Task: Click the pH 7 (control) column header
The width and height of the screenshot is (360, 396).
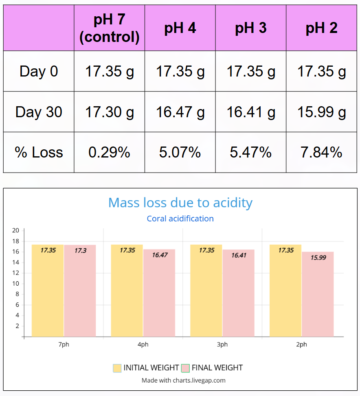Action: (109, 28)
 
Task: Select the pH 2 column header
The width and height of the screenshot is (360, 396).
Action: (321, 28)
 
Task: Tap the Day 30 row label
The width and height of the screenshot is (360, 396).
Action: (39, 112)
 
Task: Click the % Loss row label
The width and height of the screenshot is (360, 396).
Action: (39, 152)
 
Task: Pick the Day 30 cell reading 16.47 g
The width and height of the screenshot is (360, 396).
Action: (180, 112)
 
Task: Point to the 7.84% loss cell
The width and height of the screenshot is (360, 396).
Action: (321, 152)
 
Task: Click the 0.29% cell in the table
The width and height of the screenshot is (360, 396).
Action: (109, 152)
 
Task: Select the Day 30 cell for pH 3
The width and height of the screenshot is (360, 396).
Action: (251, 112)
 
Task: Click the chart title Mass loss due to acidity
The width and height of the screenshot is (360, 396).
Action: (180, 203)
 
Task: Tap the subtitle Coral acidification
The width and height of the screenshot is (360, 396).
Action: (180, 219)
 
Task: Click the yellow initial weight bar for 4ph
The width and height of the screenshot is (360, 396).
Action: (127, 291)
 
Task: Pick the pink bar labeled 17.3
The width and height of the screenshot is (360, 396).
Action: (80, 291)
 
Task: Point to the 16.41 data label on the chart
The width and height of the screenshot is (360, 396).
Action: (239, 256)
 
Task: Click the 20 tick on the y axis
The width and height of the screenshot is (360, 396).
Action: (16, 230)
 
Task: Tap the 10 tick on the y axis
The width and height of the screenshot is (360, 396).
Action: (16, 284)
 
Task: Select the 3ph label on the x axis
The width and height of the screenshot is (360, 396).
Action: (222, 345)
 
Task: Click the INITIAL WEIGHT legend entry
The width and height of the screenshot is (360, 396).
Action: (146, 368)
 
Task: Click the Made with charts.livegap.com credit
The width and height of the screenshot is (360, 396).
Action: (183, 381)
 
